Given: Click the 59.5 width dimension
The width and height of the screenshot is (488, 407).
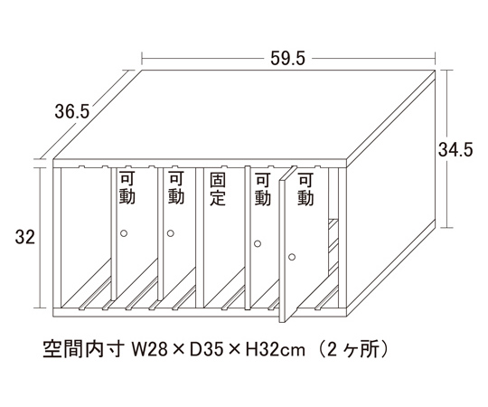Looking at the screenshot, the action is [287, 58].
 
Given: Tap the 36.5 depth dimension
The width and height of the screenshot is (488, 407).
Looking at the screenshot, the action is [72, 111].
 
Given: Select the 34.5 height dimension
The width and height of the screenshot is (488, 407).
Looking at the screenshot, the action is [455, 149].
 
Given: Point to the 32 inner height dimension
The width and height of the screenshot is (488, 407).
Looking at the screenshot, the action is [25, 237].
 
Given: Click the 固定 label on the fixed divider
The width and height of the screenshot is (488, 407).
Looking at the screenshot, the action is [217, 189].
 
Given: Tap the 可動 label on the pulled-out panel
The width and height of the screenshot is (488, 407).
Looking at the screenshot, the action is [305, 189].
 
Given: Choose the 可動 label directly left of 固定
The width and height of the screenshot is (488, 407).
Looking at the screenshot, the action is [176, 188].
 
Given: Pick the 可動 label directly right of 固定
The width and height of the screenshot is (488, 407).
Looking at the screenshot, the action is [262, 189].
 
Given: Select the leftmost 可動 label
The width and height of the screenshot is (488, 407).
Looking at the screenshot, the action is [127, 188].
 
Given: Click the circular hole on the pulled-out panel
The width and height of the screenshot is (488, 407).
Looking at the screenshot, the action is [292, 257].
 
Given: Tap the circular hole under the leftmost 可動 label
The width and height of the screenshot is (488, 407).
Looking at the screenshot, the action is [124, 233].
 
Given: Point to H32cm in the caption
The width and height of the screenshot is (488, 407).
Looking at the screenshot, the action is [275, 350].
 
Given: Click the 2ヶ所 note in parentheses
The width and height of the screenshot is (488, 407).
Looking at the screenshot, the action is [353, 350].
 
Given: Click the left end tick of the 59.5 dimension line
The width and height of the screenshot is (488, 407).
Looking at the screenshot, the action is [142, 58].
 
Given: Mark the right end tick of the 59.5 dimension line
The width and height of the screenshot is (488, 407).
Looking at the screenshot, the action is [435, 58].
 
